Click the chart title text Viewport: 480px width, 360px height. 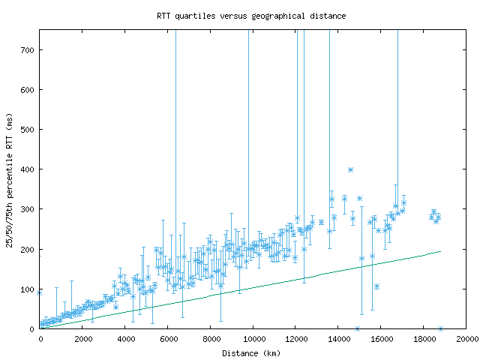coord(251,15)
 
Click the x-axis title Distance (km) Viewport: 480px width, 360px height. coord(253,352)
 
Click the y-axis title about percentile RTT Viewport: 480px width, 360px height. coord(10,178)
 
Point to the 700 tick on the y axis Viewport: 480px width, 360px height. coord(28,49)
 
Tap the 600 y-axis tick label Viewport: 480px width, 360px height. coord(28,90)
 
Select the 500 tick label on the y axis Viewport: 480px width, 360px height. coord(28,130)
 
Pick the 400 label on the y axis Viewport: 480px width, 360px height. coord(28,169)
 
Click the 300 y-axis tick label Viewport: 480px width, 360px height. coord(28,209)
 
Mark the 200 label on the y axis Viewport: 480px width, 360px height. coord(28,249)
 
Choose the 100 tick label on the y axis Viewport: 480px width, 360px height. coord(28,289)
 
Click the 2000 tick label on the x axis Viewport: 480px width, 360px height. coord(82,339)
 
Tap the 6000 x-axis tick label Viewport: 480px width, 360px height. coord(168,339)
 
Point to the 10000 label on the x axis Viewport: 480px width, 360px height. coord(253,339)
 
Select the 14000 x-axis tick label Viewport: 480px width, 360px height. coord(339,339)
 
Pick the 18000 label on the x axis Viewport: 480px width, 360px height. coord(424,339)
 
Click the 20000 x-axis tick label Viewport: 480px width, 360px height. coord(466,339)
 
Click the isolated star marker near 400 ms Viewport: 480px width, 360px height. coord(350,169)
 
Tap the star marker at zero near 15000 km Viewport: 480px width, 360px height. coord(357,328)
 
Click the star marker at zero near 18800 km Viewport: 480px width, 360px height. coord(440,328)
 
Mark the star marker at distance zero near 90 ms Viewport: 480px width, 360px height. coord(40,292)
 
